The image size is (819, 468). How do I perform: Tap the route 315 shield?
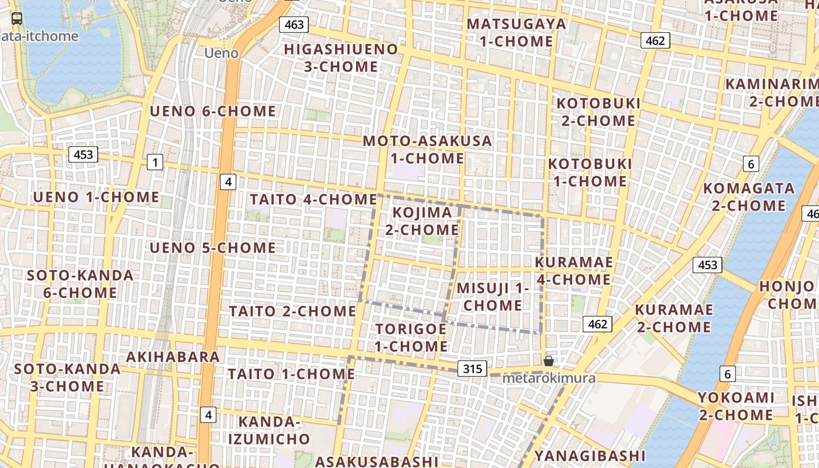click(x=472, y=369)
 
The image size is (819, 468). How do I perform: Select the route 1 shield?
click(x=155, y=162)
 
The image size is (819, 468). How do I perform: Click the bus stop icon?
click(x=18, y=19)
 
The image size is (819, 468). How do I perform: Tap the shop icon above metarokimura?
click(x=549, y=361)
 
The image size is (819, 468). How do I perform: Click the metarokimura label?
click(x=549, y=378)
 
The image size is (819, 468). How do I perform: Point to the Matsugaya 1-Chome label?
click(x=517, y=33)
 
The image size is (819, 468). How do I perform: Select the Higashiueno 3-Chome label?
click(x=341, y=58)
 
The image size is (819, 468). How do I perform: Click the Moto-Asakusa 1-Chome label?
click(x=428, y=150)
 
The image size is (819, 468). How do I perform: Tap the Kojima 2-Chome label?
click(x=422, y=221)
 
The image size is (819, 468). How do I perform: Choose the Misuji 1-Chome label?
click(x=493, y=297)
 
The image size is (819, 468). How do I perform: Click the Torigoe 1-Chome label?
click(x=411, y=338)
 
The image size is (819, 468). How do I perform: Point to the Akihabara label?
click(x=173, y=357)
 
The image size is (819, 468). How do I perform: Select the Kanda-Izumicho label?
click(x=269, y=430)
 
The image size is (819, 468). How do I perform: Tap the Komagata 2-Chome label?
click(x=749, y=197)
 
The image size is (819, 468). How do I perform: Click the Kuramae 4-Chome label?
click(x=574, y=271)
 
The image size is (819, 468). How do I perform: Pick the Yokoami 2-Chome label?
click(x=736, y=407)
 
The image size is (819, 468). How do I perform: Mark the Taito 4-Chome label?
click(x=314, y=199)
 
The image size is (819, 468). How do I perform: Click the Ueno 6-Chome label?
click(x=213, y=111)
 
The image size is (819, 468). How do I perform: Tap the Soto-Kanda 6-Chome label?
click(x=80, y=284)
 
